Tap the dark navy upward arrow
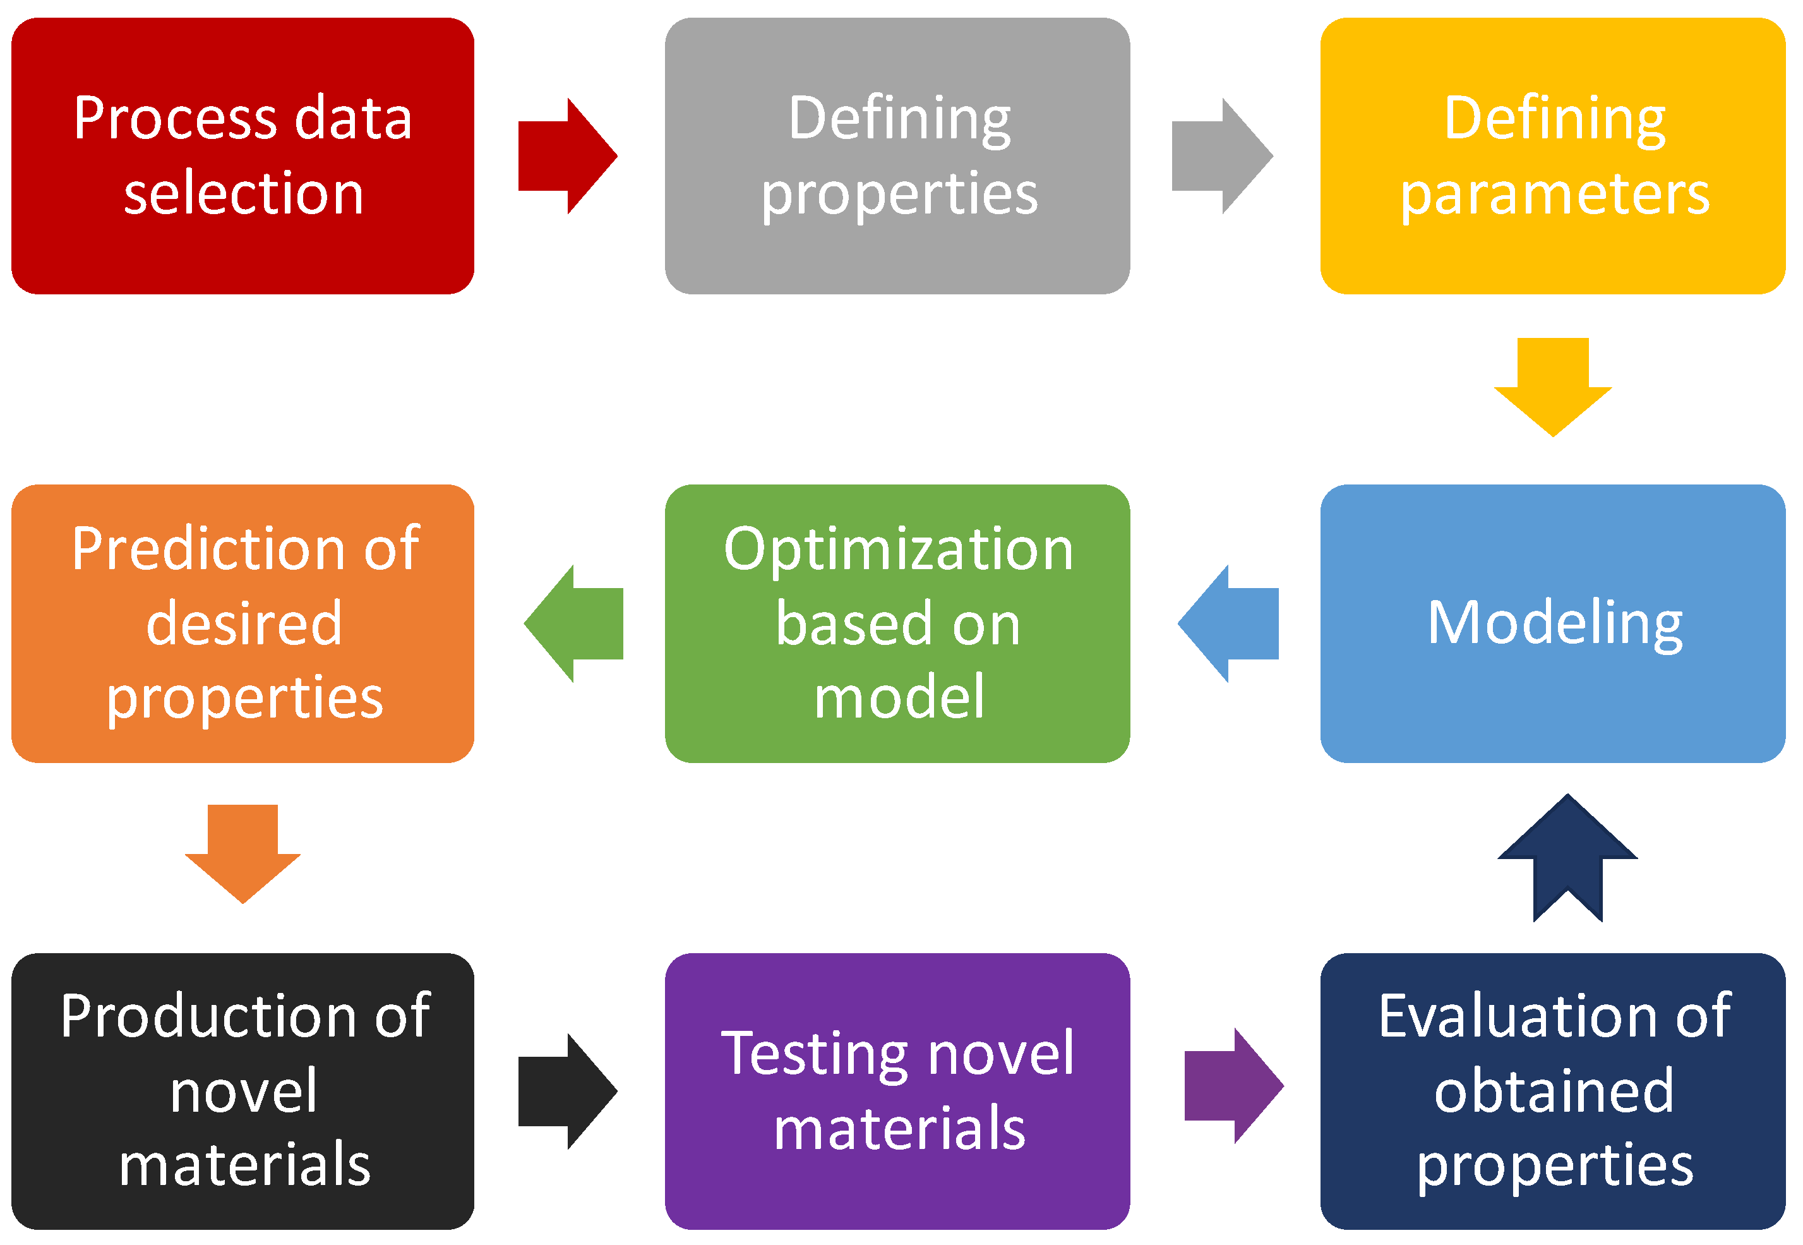1567,858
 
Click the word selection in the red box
243,193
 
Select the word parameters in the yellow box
1554,195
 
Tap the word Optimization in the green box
899,551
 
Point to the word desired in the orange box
243,623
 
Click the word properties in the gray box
899,195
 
